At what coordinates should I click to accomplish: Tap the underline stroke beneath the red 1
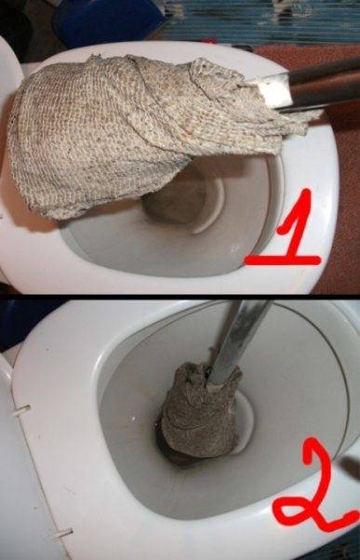pos(282,260)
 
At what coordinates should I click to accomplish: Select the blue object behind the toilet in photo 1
pos(107,22)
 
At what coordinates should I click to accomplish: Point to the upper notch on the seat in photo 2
pos(21,411)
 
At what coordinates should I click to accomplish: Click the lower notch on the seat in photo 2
pos(62,533)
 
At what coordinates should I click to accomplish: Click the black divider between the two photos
pos(180,297)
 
